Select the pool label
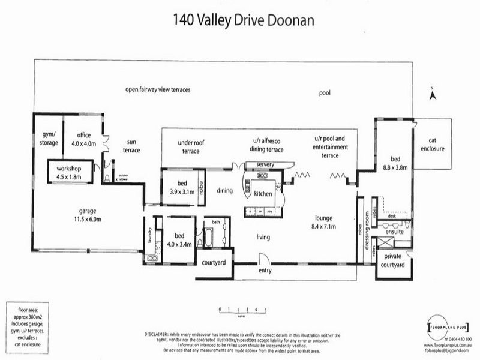[325, 93]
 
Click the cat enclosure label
[432, 145]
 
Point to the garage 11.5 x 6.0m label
[88, 215]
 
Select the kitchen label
[263, 194]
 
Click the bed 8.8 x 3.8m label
[395, 164]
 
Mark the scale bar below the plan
[243, 310]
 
